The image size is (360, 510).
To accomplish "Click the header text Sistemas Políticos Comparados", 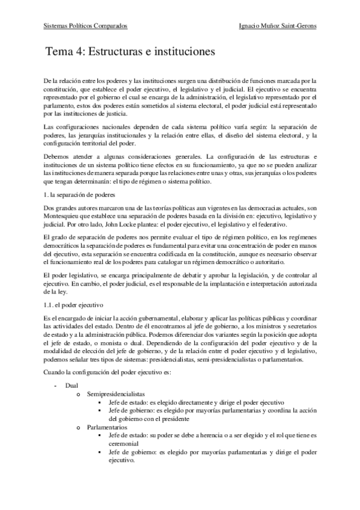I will click(x=86, y=26).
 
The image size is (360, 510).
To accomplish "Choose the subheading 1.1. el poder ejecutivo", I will click(x=75, y=305).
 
